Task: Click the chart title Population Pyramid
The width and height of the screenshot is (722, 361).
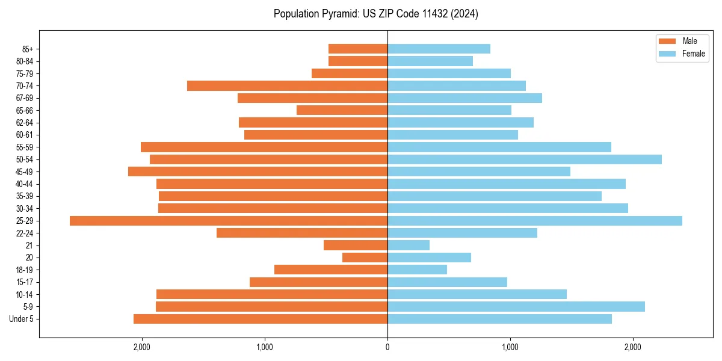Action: (375, 14)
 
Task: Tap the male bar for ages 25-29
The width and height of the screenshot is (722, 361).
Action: (229, 221)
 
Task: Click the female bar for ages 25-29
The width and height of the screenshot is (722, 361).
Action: (535, 221)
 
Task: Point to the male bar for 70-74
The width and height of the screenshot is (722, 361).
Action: (287, 86)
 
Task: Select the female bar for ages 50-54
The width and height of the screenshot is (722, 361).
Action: (525, 159)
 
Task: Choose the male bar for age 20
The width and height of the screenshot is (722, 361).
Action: (365, 258)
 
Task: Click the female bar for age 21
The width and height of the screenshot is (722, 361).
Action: (409, 245)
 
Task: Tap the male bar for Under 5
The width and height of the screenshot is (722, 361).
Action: (261, 319)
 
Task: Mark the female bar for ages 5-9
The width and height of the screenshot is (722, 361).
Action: (516, 307)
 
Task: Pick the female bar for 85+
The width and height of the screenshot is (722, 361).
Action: (439, 49)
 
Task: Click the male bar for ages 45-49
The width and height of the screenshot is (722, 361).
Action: (258, 171)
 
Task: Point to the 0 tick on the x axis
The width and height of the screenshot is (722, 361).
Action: (387, 347)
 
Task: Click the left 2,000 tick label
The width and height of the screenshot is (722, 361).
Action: (142, 347)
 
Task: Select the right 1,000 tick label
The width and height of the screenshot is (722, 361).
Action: (510, 347)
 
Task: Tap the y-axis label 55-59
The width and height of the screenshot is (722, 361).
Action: (25, 147)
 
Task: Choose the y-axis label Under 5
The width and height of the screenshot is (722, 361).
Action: (21, 319)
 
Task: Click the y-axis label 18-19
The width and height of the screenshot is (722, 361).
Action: (25, 270)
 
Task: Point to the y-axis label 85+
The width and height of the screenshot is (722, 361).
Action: (27, 49)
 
